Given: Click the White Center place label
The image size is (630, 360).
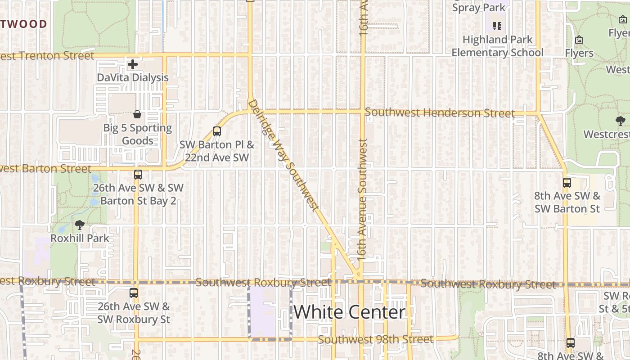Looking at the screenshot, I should [x=349, y=312].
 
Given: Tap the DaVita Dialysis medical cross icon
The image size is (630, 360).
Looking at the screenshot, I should [x=133, y=65].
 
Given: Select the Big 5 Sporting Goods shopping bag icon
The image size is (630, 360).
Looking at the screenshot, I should [x=137, y=115].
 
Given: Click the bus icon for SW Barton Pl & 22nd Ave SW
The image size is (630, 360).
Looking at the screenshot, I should [x=217, y=131].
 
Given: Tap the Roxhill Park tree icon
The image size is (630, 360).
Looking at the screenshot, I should [x=80, y=225].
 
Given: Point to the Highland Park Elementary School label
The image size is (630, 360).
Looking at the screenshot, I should [x=497, y=46].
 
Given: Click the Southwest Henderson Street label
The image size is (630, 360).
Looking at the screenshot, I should [x=439, y=112].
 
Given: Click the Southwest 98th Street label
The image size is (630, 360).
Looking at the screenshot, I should [x=376, y=339].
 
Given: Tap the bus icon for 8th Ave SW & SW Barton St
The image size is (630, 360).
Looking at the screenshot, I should [x=567, y=183].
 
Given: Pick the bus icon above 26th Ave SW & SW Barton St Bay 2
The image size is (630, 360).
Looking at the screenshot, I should [x=138, y=175].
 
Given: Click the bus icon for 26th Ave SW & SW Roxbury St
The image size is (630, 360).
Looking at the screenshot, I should [x=134, y=293].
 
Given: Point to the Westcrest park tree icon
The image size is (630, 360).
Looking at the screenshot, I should [x=620, y=121].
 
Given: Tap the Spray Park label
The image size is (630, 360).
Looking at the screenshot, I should [x=479, y=8].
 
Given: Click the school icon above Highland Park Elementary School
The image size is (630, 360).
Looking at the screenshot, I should [x=497, y=26].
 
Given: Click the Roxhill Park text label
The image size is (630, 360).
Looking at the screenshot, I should [x=80, y=238].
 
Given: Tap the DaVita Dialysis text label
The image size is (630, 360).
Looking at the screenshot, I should [x=133, y=77].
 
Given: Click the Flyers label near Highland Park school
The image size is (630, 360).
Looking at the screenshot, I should [x=579, y=53].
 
